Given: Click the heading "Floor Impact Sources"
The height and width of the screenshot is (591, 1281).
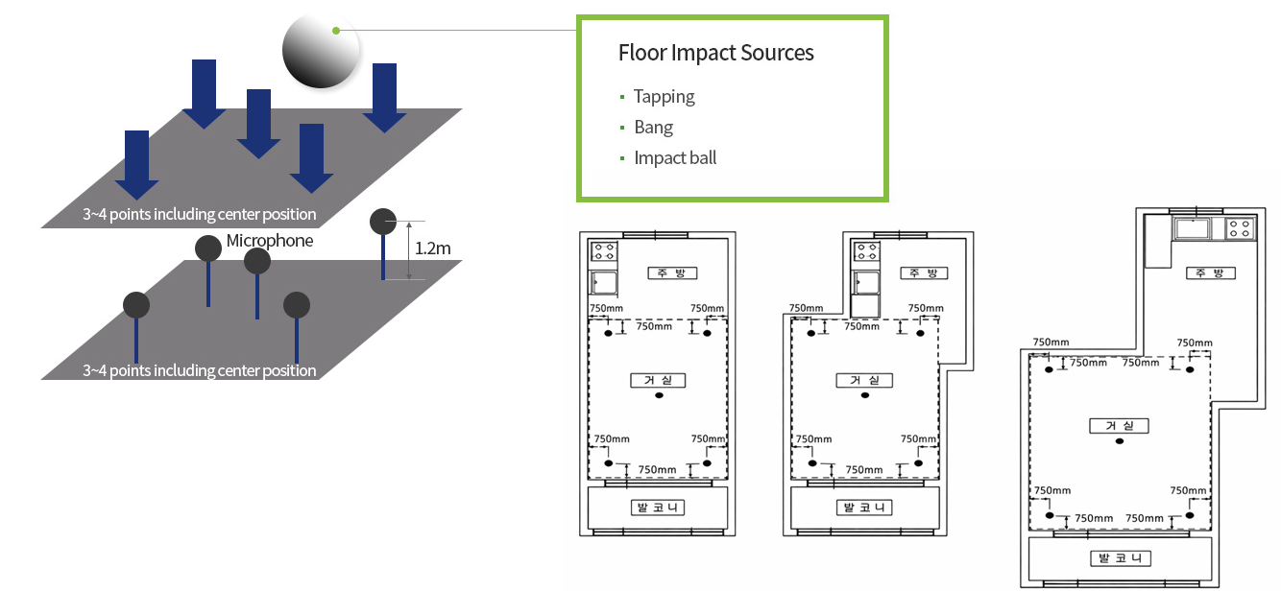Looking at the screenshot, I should pyautogui.click(x=715, y=53).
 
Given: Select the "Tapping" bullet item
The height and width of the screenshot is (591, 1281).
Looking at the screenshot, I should pyautogui.click(x=664, y=96).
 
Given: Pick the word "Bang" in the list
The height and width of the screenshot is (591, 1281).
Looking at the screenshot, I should pyautogui.click(x=653, y=127).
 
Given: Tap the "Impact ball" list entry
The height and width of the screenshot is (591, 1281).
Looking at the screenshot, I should pyautogui.click(x=675, y=157).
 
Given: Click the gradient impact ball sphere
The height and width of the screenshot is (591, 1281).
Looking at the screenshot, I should pyautogui.click(x=321, y=50).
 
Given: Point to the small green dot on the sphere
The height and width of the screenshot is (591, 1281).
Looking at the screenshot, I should pyautogui.click(x=335, y=30).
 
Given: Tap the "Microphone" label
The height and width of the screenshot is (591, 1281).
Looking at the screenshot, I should pyautogui.click(x=270, y=240).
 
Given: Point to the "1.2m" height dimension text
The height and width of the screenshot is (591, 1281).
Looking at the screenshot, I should pyautogui.click(x=433, y=248).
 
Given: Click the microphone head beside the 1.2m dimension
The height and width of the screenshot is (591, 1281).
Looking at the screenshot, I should pyautogui.click(x=383, y=222).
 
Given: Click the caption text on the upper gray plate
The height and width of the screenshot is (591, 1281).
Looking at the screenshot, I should pyautogui.click(x=200, y=214).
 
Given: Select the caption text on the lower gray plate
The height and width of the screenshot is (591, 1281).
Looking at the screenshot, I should pyautogui.click(x=200, y=370).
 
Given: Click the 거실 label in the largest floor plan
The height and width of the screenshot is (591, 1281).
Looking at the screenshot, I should pyautogui.click(x=1120, y=426).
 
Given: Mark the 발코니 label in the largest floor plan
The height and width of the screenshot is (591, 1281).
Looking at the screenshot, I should pyautogui.click(x=1120, y=558).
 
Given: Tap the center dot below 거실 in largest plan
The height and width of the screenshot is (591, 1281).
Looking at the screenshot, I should pyautogui.click(x=1120, y=441).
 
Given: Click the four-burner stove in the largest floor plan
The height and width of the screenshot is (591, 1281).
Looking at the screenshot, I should pyautogui.click(x=1240, y=228).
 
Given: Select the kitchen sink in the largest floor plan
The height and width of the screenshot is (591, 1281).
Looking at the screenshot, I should pyautogui.click(x=1191, y=228).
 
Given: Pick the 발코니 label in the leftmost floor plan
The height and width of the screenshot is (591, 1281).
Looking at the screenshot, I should pyautogui.click(x=658, y=507).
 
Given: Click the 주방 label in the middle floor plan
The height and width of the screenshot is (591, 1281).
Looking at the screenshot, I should pyautogui.click(x=924, y=272).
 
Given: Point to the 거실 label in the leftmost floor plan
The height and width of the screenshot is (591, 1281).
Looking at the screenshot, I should pyautogui.click(x=658, y=380).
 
